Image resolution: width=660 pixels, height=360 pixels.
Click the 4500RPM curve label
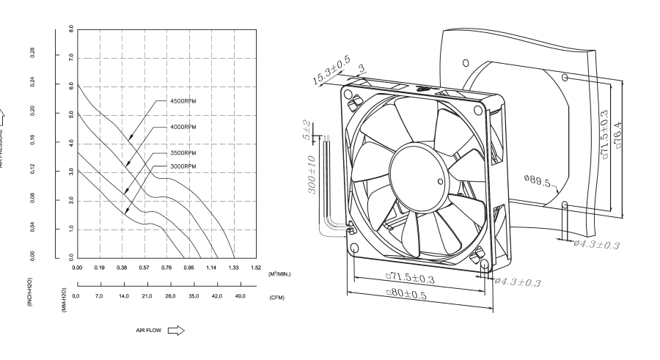point(181,102)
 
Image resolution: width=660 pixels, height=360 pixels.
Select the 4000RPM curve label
point(181,127)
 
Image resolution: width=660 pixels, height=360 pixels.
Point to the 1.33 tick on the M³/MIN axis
point(234,268)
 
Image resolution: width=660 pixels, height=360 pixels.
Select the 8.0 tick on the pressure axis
point(70,30)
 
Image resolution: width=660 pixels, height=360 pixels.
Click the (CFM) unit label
point(276,298)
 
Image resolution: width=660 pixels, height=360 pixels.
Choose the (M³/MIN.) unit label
point(279,273)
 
